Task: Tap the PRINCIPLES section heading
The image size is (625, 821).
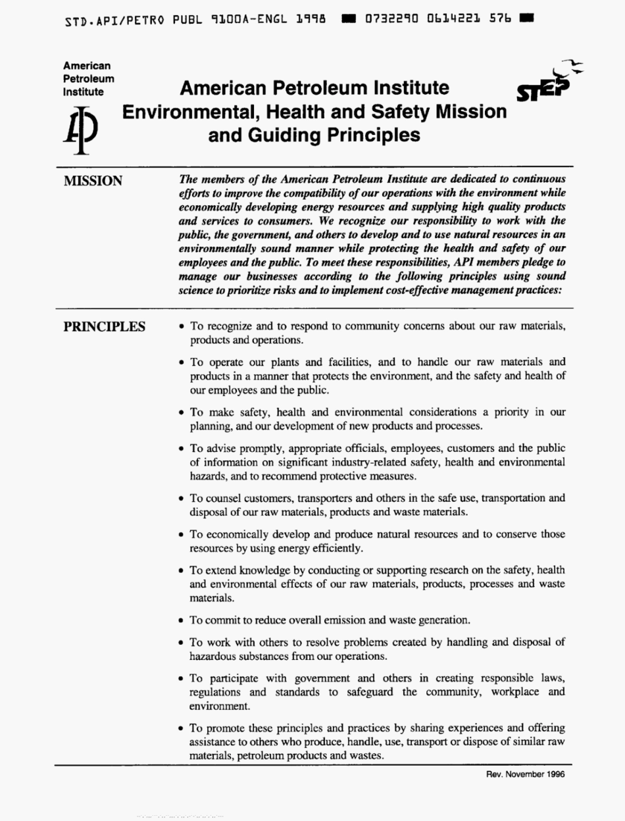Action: click(104, 326)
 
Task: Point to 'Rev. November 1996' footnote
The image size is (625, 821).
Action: click(525, 774)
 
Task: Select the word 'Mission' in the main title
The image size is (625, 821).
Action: click(468, 112)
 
